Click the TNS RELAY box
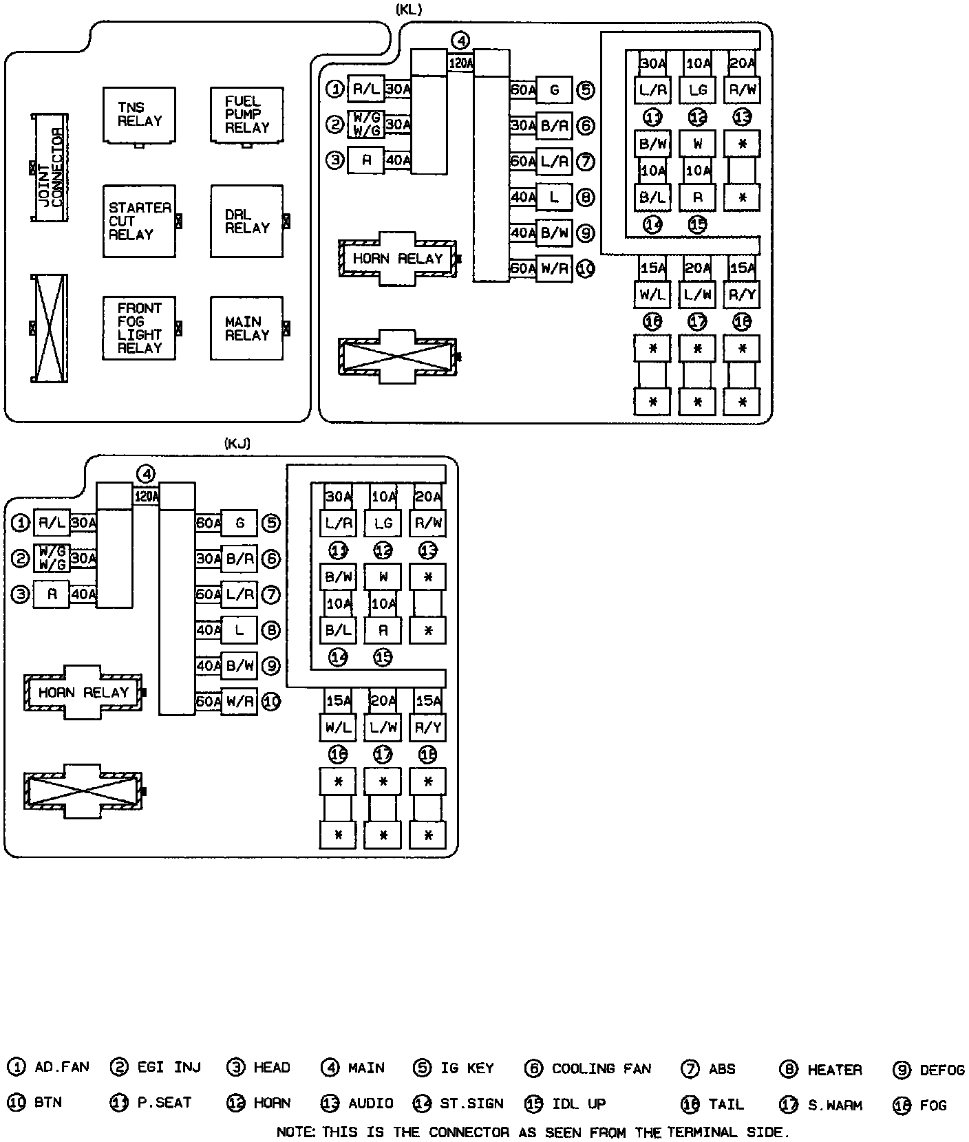click(x=139, y=115)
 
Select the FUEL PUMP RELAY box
click(x=246, y=115)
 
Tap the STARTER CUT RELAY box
click(x=139, y=221)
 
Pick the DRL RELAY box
click(x=246, y=221)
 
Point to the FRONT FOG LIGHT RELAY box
click(x=139, y=328)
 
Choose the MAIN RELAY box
click(x=246, y=328)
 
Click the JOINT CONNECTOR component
click(x=50, y=168)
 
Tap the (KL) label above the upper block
click(x=408, y=10)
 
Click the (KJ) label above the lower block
click(x=237, y=444)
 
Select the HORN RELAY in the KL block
click(x=397, y=259)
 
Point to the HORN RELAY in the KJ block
click(x=83, y=692)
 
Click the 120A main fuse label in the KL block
click(x=460, y=63)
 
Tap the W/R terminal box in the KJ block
click(x=239, y=702)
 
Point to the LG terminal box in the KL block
click(x=697, y=90)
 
